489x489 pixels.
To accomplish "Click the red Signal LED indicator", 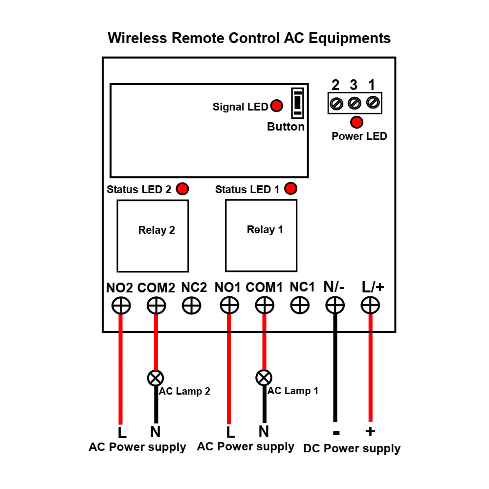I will tap(277, 106).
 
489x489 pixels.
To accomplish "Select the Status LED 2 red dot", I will tap(182, 189).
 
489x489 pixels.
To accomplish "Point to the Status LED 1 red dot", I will tap(291, 188).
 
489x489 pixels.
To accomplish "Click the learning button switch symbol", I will tap(297, 103).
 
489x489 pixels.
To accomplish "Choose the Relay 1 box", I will tap(261, 235).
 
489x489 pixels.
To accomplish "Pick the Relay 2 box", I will tap(153, 236).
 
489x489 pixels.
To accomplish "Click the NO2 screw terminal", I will tap(121, 306).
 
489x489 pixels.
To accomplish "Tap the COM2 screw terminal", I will tap(156, 306).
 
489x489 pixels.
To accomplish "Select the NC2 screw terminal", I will tap(191, 306).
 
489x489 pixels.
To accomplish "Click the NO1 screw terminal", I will tap(229, 306).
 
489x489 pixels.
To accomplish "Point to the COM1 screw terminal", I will tap(264, 306).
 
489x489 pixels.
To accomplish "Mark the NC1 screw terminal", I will tap(300, 306).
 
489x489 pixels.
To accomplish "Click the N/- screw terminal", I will tap(335, 306).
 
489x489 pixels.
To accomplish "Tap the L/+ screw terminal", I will tap(370, 306).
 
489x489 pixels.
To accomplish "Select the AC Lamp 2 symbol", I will tap(156, 378).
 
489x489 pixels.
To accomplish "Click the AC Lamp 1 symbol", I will tap(264, 378).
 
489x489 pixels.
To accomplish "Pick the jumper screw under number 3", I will tap(354, 103).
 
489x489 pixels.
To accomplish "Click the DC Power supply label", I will tap(352, 448).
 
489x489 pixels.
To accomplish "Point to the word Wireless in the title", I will tap(137, 38).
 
